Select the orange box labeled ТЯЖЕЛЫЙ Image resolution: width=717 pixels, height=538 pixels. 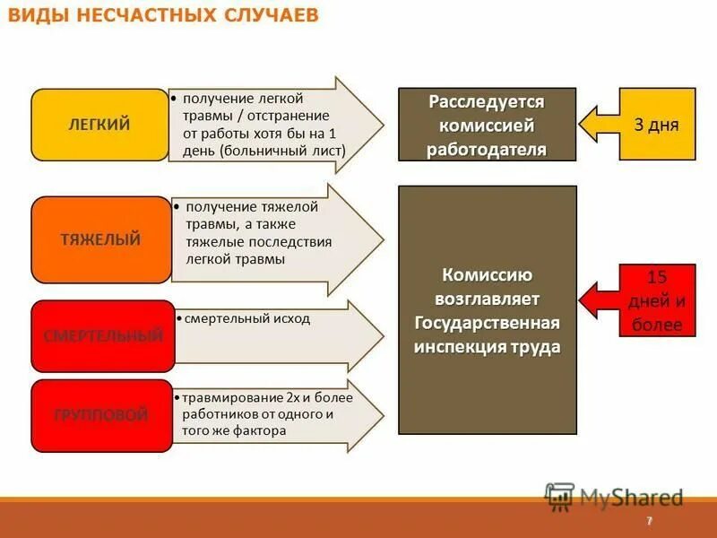coord(100,239)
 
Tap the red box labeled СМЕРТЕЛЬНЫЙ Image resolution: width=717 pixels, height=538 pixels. coord(103,336)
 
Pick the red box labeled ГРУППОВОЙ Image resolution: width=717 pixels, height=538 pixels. coord(100,415)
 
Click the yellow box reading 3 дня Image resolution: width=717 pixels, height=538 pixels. coord(657,125)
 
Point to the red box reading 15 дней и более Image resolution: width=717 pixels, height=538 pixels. coord(657,300)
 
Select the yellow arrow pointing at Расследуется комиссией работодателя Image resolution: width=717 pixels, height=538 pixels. coord(599,125)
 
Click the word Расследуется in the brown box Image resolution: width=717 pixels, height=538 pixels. coord(487,101)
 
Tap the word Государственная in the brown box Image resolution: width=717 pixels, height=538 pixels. coord(487,323)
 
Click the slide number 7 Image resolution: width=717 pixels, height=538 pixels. coord(648,522)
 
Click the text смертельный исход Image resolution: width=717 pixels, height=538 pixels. coord(245,318)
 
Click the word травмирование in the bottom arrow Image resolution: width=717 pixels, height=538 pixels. coord(222,397)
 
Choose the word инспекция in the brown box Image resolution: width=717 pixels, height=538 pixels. coord(461,347)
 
